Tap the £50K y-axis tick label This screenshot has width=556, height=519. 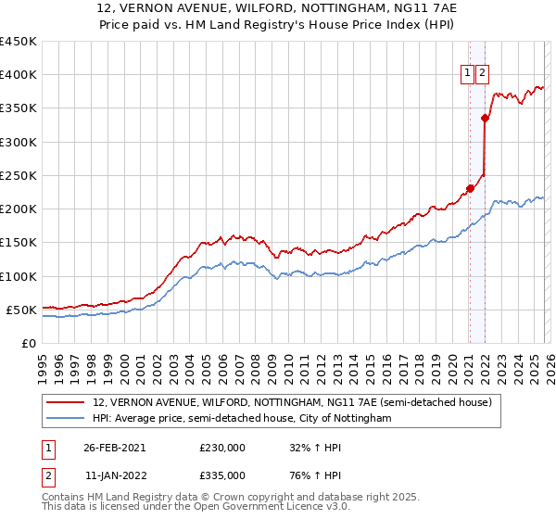click(x=20, y=310)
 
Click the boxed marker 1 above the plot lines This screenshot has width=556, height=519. click(x=469, y=75)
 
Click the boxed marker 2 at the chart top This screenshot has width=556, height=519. click(x=484, y=75)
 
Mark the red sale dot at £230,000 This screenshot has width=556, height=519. click(x=470, y=189)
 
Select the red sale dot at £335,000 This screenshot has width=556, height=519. click(x=485, y=118)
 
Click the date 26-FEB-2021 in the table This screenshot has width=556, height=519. click(x=114, y=448)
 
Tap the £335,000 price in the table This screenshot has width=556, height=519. click(x=222, y=475)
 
